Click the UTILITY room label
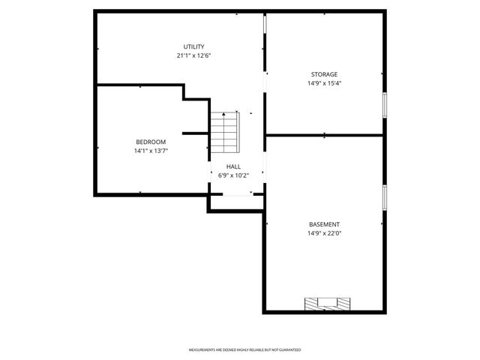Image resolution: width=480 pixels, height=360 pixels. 194,46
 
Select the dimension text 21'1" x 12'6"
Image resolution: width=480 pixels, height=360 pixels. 194,55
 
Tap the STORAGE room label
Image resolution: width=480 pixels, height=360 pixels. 325,74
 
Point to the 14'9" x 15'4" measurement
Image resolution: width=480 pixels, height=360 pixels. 325,83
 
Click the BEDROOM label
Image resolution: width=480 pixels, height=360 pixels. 151,142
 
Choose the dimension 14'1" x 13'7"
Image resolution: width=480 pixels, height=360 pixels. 151,151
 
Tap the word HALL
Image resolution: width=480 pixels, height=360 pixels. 234,166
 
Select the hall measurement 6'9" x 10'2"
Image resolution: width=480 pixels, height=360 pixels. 234,175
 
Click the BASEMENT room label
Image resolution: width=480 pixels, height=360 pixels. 325,224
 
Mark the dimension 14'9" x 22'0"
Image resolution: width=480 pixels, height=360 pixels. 325,233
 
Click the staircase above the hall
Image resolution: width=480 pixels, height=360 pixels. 223,130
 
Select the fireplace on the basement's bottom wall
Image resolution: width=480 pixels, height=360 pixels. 326,304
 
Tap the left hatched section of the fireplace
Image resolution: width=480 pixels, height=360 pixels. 311,304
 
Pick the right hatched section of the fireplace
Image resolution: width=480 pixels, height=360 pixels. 342,304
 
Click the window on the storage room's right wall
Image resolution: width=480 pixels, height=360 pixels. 385,105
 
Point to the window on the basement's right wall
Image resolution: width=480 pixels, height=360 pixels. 385,196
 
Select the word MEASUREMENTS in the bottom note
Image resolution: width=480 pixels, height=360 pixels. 202,350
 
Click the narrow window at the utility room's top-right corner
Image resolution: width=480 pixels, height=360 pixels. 264,25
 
